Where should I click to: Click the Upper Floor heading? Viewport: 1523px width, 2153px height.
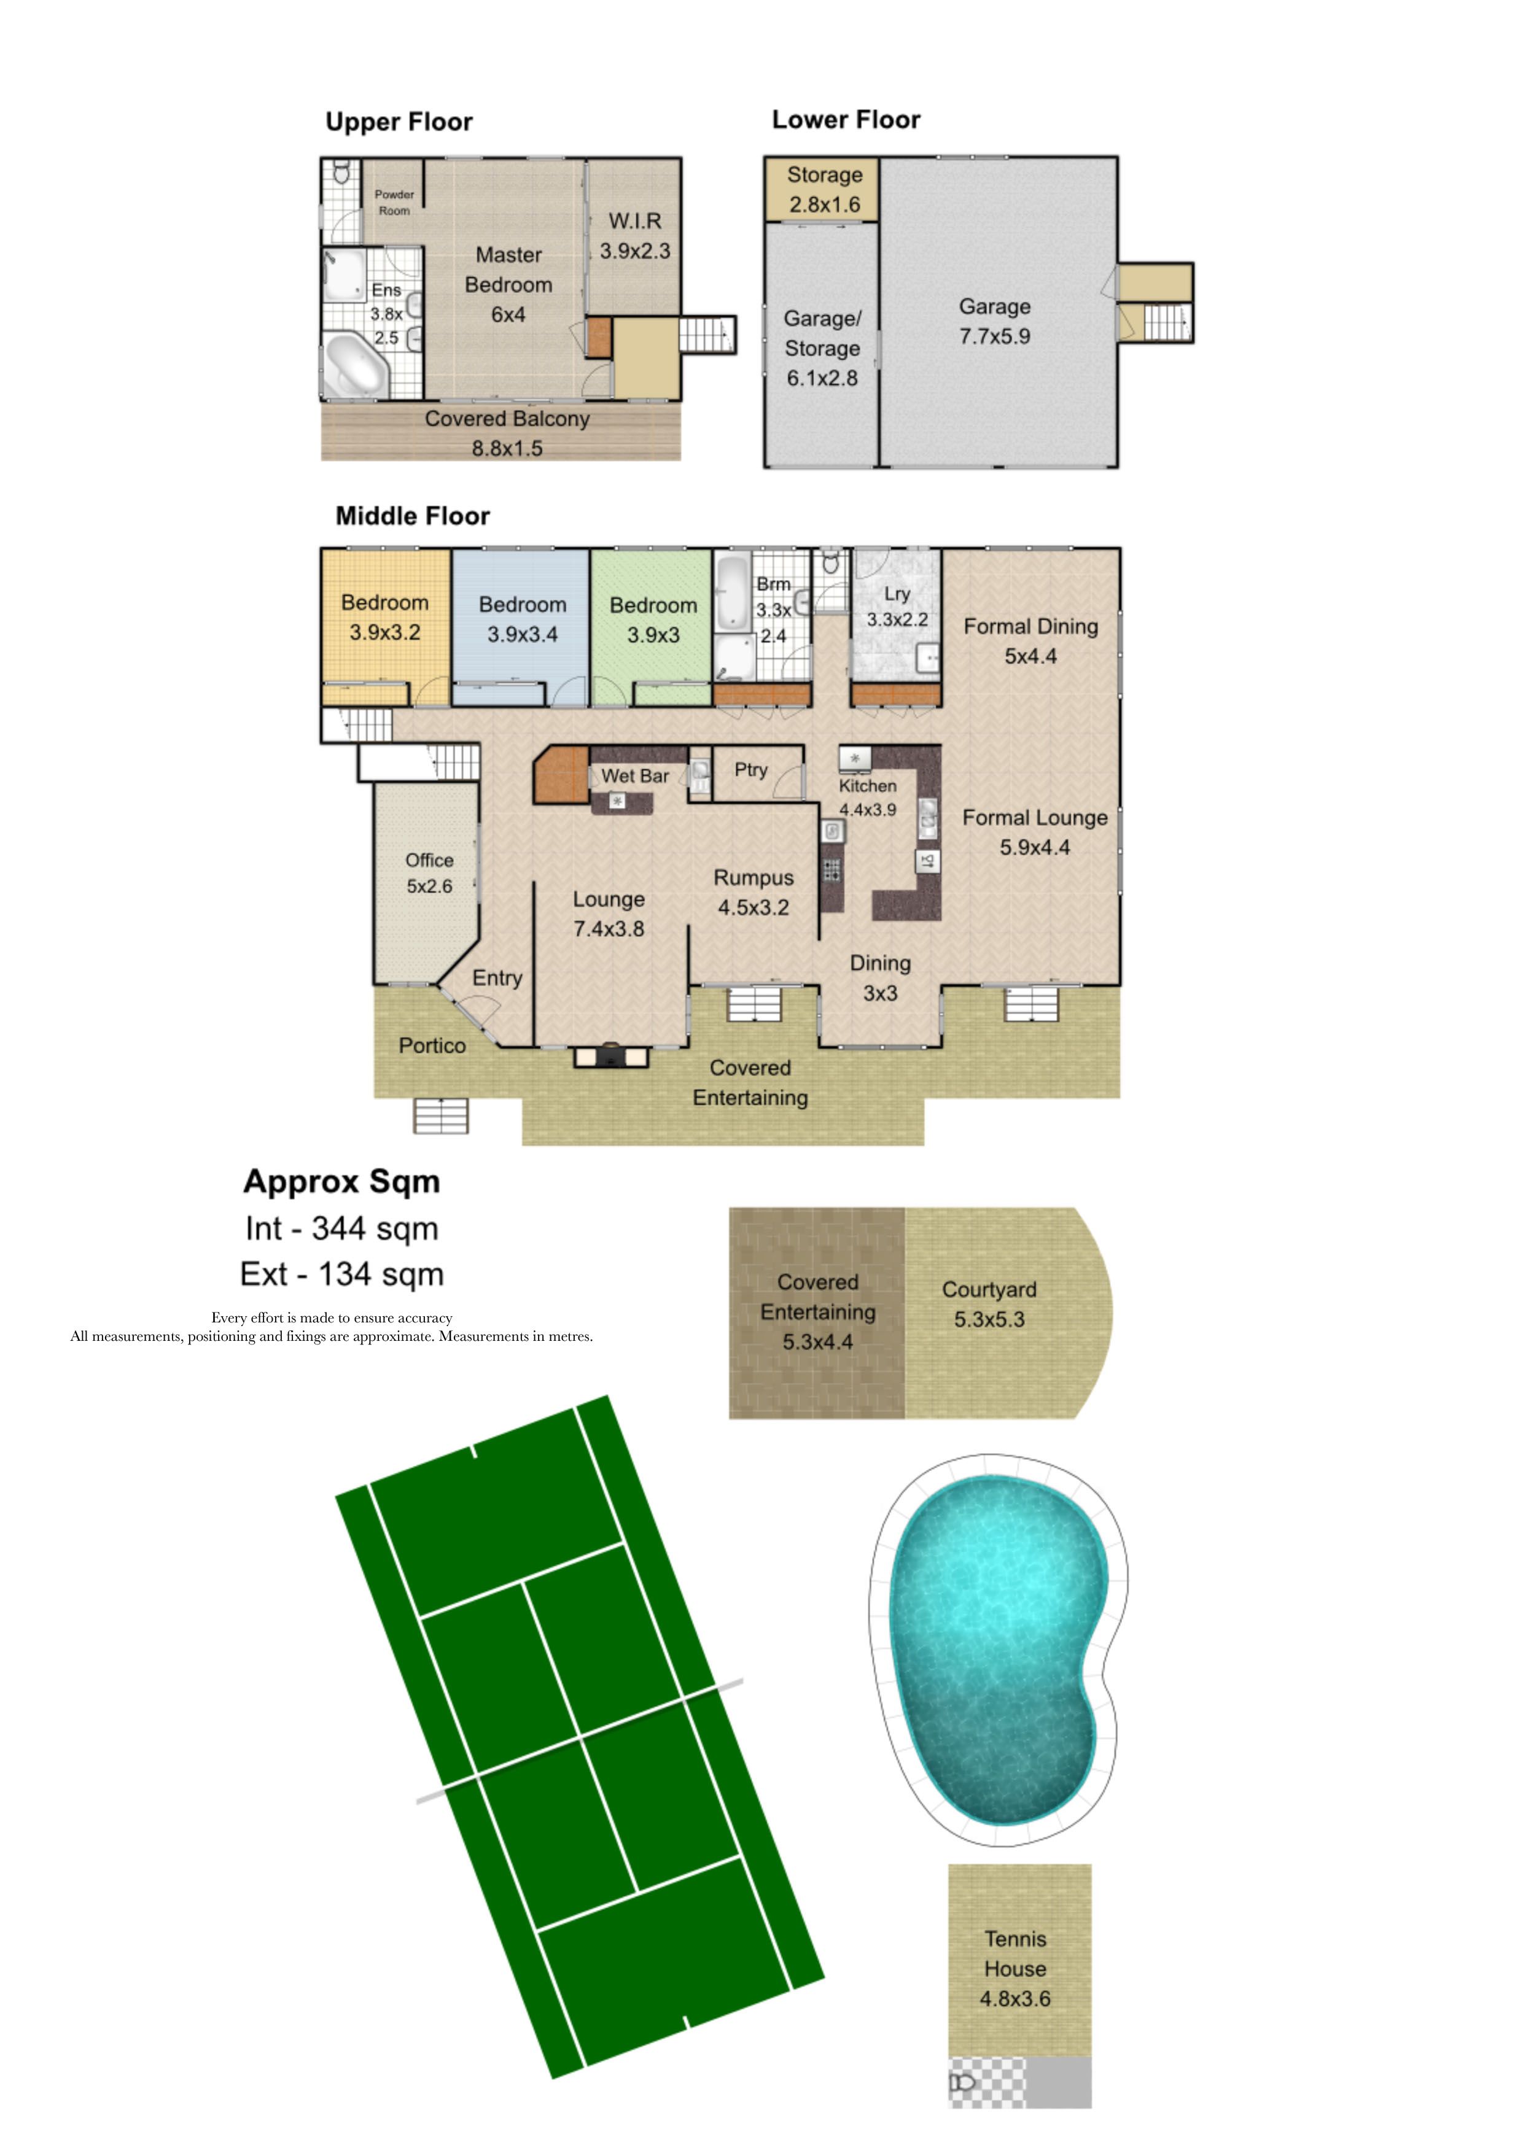coord(399,123)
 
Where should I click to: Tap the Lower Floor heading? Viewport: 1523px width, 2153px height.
coord(846,120)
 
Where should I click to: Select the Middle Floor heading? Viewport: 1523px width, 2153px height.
coord(413,516)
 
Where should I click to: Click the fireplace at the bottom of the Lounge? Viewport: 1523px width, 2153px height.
coord(610,1056)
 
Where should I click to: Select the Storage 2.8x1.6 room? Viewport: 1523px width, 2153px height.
coord(822,190)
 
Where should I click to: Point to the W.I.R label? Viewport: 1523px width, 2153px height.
coord(635,221)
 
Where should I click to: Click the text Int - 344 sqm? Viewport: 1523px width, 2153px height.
coord(342,1228)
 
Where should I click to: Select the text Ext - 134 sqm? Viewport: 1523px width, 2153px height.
coord(342,1274)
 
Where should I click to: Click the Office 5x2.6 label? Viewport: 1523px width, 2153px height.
coord(429,873)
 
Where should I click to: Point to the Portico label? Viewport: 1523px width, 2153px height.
coord(432,1045)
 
